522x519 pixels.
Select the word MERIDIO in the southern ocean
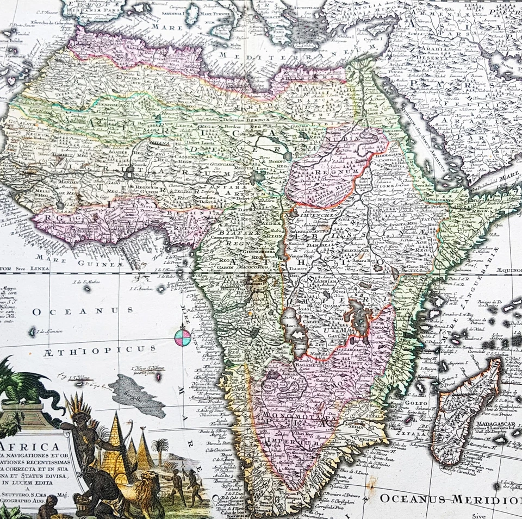pos(489,498)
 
